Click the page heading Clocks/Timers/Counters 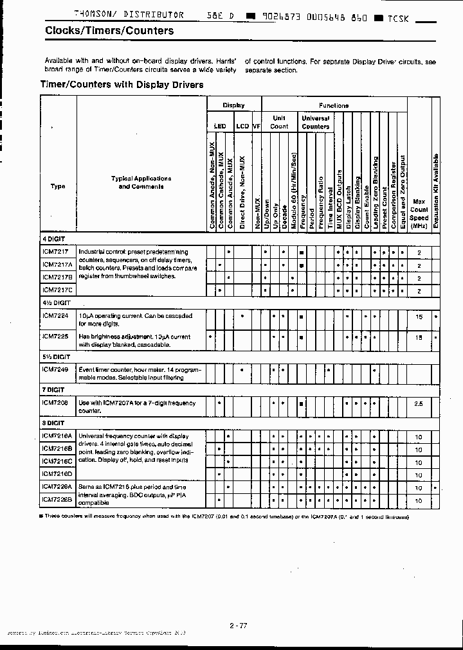click(x=109, y=30)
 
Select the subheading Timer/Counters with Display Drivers click(x=122, y=84)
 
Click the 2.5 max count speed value click(x=419, y=404)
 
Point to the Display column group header click(x=233, y=105)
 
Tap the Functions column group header click(x=333, y=105)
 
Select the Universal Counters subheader click(x=315, y=123)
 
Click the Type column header click(x=58, y=187)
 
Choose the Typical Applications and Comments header click(x=141, y=182)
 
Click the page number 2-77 click(x=237, y=625)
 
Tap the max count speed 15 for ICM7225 click(x=419, y=337)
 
